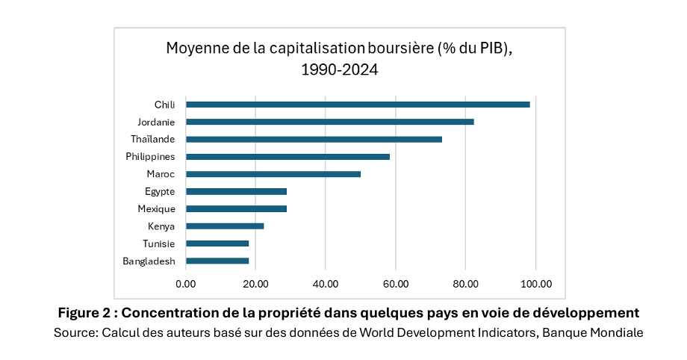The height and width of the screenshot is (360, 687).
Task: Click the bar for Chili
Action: [x=358, y=105]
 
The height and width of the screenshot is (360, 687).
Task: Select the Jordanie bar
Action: [x=329, y=122]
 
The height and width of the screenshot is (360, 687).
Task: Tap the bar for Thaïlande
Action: [x=314, y=140]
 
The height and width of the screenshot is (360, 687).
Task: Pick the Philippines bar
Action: [x=287, y=157]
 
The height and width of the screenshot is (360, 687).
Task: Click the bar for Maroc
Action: [x=273, y=174]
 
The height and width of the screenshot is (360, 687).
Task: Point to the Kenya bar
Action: [x=225, y=226]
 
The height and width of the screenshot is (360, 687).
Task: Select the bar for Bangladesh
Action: [x=217, y=261]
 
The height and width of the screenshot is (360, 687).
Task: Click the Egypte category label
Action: [x=160, y=192]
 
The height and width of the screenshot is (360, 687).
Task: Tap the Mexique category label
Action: [x=156, y=209]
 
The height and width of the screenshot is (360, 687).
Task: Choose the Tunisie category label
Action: [x=159, y=243]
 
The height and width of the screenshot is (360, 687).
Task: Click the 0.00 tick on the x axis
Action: [x=185, y=284]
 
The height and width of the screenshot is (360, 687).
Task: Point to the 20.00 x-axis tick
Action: [x=255, y=284]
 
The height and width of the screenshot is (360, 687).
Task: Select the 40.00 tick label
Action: [x=326, y=284]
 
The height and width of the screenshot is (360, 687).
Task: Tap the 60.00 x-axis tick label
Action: [x=395, y=284]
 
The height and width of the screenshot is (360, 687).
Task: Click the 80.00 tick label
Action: [x=465, y=284]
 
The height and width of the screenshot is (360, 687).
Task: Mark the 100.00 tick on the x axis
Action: [x=535, y=284]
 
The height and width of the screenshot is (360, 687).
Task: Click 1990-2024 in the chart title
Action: [x=340, y=71]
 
